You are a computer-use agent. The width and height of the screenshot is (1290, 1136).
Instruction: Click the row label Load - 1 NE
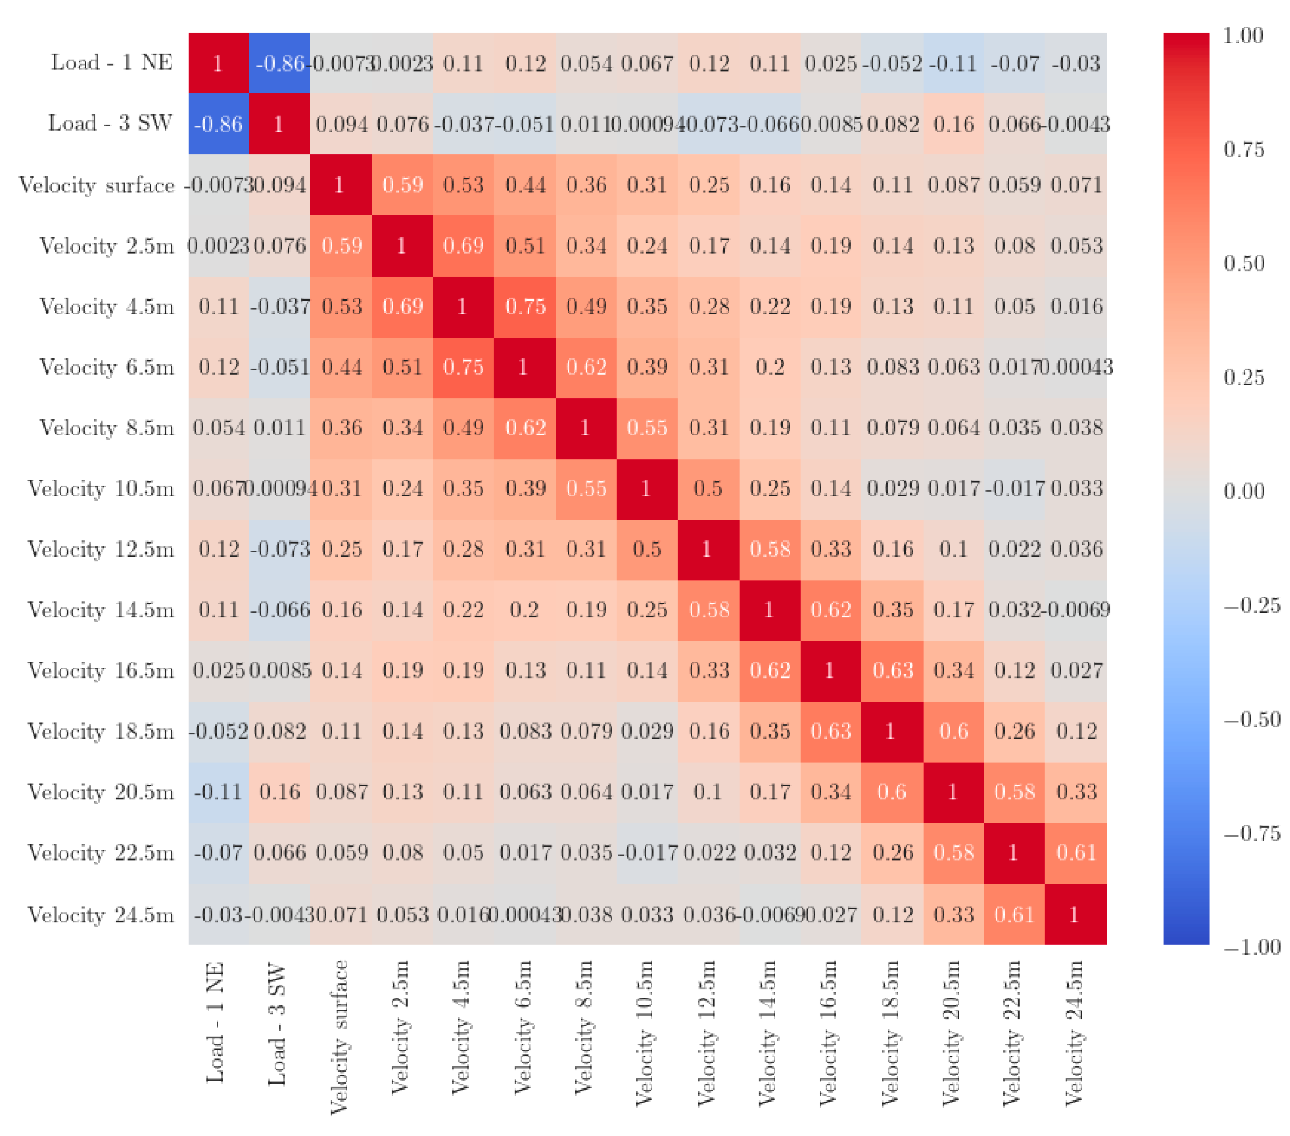pos(112,63)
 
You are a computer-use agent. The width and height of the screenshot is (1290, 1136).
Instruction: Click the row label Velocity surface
pos(97,185)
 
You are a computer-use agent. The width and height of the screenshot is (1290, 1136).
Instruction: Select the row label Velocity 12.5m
pos(101,549)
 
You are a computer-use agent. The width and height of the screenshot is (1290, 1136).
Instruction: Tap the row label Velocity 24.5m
pos(101,915)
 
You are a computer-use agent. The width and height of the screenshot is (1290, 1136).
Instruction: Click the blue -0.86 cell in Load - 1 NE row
pos(279,63)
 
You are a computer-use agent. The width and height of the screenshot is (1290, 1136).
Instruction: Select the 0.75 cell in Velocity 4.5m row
pos(525,307)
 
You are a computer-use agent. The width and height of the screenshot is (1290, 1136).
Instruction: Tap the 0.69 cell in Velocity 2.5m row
pos(464,246)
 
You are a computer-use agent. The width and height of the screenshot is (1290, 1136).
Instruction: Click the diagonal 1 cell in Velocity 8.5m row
pos(586,428)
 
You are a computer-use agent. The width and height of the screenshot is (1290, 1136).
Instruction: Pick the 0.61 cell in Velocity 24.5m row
pos(1014,915)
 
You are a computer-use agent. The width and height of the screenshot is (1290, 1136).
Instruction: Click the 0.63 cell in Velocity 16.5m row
pos(892,670)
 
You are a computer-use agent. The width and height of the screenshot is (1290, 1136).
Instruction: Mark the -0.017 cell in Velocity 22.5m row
pos(647,854)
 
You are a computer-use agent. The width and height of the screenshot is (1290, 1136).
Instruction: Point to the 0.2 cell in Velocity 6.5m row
pos(770,367)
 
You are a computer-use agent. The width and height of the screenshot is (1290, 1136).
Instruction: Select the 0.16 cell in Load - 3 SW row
pos(953,124)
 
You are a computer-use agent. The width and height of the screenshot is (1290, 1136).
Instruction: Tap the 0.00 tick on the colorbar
pos(1244,491)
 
